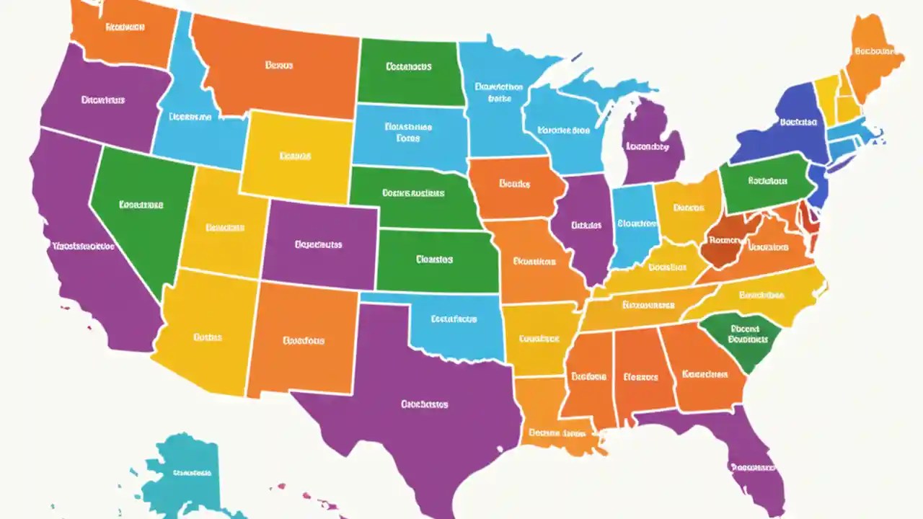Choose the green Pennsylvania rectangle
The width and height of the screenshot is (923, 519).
pyautogui.click(x=764, y=184)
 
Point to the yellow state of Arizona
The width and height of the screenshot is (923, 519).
pyautogui.click(x=206, y=335)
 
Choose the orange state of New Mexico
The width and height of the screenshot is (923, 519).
pyautogui.click(x=303, y=339)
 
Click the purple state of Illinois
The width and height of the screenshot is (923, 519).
pyautogui.click(x=584, y=227)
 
